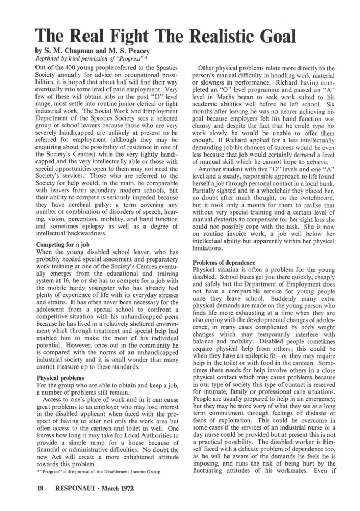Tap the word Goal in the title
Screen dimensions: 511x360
[272, 35]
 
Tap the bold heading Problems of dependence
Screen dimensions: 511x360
[224, 262]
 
